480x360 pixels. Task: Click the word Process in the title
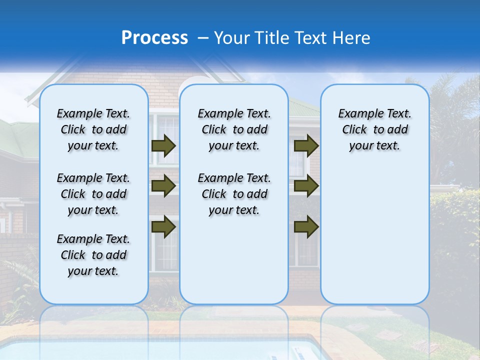154,38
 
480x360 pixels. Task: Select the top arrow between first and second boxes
163,145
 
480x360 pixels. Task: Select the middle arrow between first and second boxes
163,186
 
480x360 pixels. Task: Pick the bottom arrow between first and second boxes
163,227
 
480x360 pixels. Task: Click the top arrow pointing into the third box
306,145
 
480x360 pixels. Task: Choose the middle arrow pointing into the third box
306,186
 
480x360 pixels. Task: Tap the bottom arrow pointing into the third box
306,227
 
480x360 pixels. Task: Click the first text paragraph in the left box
93,129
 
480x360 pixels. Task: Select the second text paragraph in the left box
93,194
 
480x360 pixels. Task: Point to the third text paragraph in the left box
93,255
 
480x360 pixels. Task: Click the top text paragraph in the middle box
234,129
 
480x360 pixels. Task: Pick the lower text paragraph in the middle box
234,194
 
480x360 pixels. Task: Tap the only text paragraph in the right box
374,129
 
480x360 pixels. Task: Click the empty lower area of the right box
374,235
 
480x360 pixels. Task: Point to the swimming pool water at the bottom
150,350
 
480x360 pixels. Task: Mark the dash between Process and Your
203,38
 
